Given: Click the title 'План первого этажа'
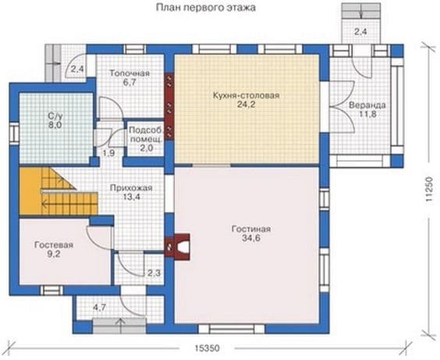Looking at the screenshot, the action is click(x=206, y=7).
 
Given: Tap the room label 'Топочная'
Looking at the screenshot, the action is click(x=130, y=73).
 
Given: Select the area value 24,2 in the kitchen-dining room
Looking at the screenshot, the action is click(x=246, y=105).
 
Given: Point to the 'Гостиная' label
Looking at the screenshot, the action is click(x=251, y=229).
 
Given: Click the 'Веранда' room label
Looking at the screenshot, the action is click(x=367, y=105).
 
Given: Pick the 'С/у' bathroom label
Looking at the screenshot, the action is click(x=55, y=116).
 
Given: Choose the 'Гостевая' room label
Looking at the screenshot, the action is click(x=54, y=245).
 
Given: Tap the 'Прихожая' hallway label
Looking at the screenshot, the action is click(x=131, y=187).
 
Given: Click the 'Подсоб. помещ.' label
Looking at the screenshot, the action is click(x=146, y=134).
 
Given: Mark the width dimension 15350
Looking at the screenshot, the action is click(x=207, y=348).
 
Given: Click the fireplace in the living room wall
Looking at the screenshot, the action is click(x=178, y=246).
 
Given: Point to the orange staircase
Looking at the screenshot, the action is click(x=59, y=191).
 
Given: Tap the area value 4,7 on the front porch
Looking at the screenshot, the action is click(x=100, y=308).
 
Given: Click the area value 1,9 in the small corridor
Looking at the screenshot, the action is click(x=108, y=153).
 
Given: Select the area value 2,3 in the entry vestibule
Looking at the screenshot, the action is click(x=154, y=273).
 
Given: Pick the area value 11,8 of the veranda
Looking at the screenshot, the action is click(x=367, y=114).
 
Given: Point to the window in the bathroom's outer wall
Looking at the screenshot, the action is click(x=14, y=134).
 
